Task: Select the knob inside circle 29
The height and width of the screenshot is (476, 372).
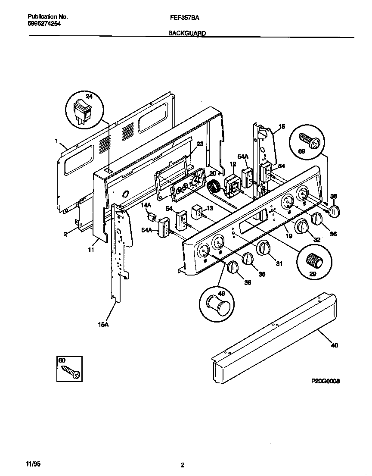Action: pyautogui.click(x=313, y=260)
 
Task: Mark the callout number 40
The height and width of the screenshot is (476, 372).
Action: pyautogui.click(x=335, y=345)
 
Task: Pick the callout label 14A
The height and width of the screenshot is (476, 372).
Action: pyautogui.click(x=147, y=206)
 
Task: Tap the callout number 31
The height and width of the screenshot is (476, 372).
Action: pyautogui.click(x=279, y=263)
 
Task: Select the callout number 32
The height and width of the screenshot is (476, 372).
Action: pyautogui.click(x=316, y=239)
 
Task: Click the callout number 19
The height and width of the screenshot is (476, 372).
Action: pyautogui.click(x=288, y=236)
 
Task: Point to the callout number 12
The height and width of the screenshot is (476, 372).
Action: pyautogui.click(x=232, y=164)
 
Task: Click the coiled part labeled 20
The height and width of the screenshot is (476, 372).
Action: pyautogui.click(x=214, y=188)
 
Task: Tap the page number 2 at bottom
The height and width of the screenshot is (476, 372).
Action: pyautogui.click(x=183, y=465)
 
